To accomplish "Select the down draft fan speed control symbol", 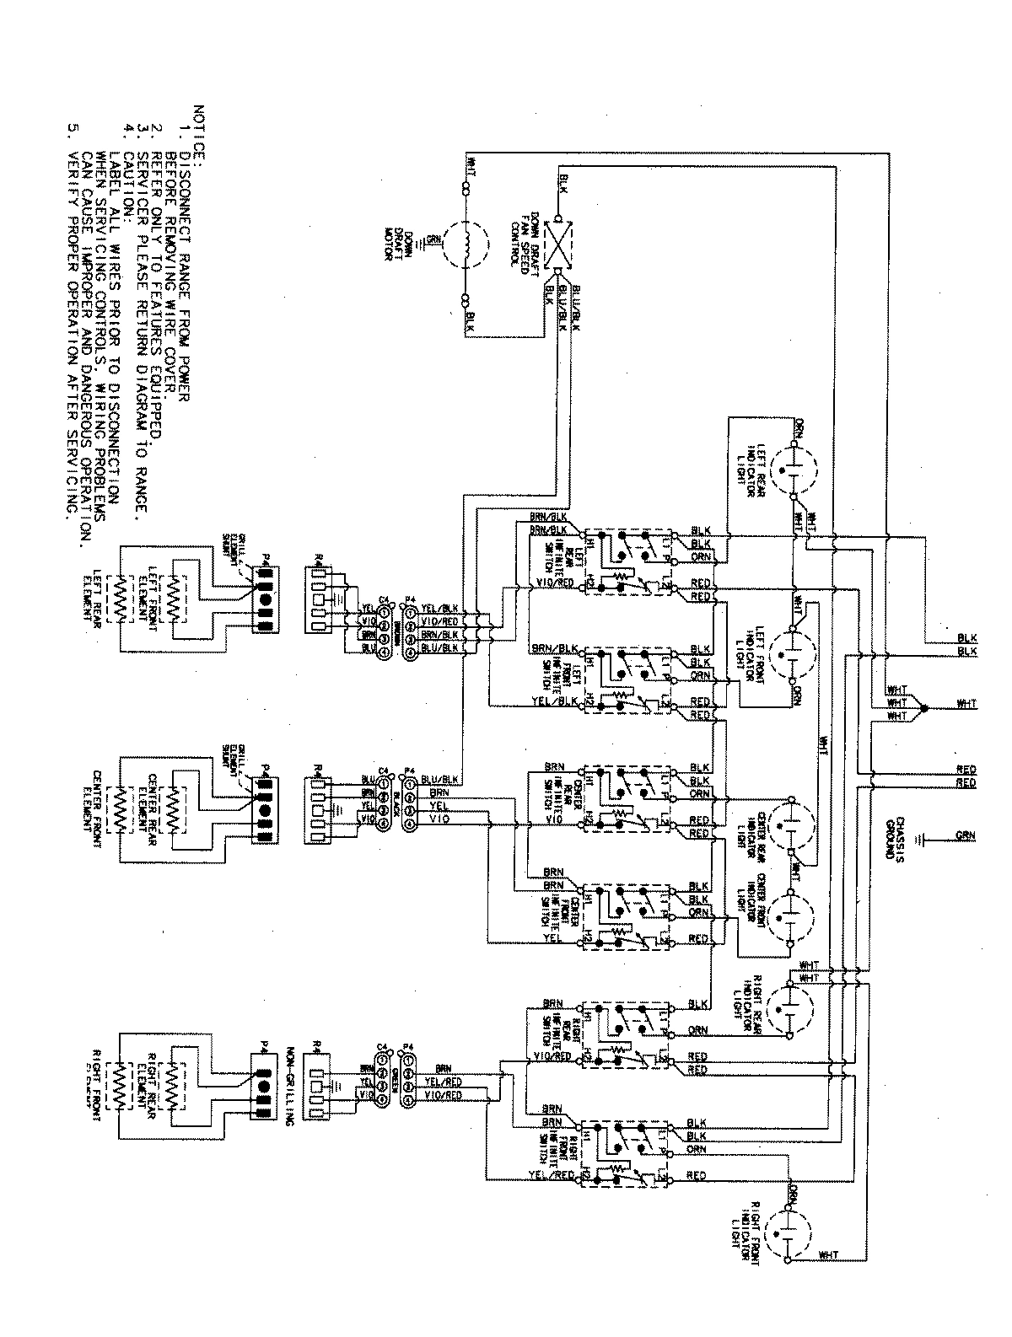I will tap(558, 245).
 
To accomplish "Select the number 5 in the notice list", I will tap(73, 130).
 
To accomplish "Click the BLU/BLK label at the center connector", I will tap(439, 779).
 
